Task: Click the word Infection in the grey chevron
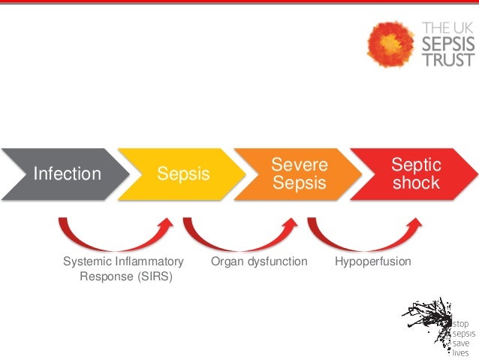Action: click(x=67, y=174)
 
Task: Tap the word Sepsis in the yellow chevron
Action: click(x=183, y=174)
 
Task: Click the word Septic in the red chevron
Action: click(x=416, y=164)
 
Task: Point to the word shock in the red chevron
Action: click(x=416, y=183)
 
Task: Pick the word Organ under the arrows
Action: click(x=226, y=262)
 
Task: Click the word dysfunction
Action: click(x=276, y=262)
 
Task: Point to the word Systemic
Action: click(x=86, y=262)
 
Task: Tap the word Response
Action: click(x=104, y=276)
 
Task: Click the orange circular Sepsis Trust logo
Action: click(x=390, y=43)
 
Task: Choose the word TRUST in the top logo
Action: click(x=448, y=59)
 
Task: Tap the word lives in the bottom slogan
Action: click(x=460, y=351)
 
